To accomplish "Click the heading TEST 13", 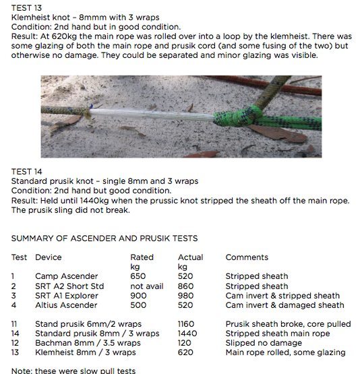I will coord(26,6).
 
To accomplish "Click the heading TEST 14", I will coord(26,171).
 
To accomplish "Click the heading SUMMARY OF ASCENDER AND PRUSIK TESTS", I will coord(104,239).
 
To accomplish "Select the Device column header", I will coord(48,257).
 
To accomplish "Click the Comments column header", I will coord(246,257).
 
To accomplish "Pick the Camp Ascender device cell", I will coord(66,276).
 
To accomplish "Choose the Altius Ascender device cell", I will coord(66,305).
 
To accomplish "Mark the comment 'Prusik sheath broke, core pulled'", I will coord(288,324).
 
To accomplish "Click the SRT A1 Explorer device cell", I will coord(67,295).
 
